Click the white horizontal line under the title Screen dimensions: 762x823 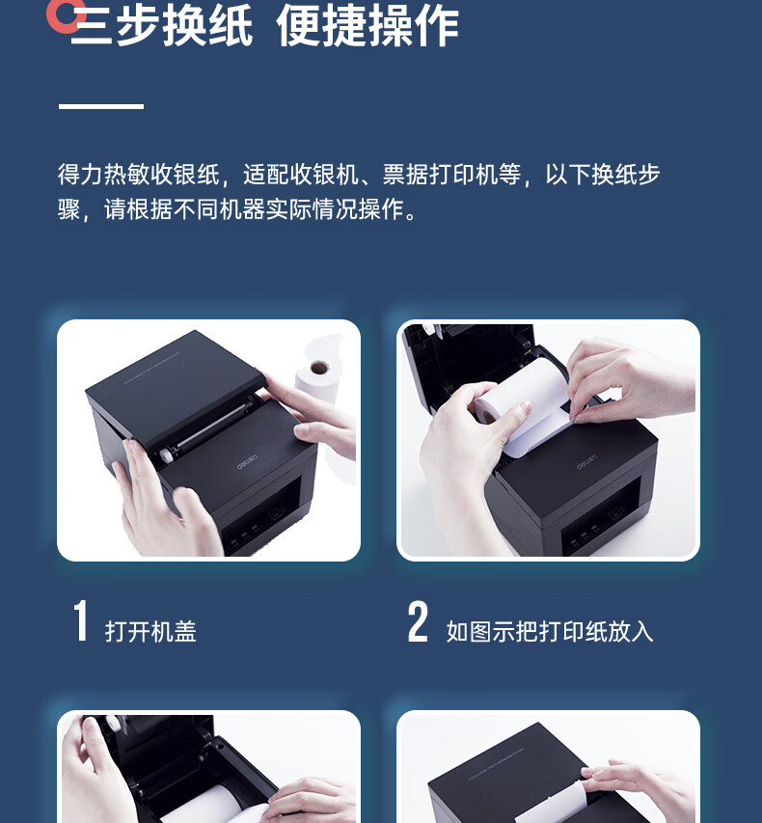(x=100, y=106)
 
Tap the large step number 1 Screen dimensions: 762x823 (x=80, y=621)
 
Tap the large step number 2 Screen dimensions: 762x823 (x=418, y=621)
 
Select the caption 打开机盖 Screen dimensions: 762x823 (x=150, y=631)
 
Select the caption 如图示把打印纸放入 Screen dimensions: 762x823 (x=550, y=631)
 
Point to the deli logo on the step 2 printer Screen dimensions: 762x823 (x=586, y=462)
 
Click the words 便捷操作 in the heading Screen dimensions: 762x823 (x=367, y=26)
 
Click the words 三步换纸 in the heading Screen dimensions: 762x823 (x=162, y=26)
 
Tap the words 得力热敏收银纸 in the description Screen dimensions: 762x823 (x=139, y=175)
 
